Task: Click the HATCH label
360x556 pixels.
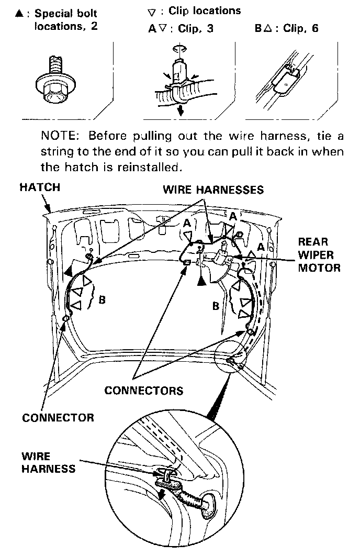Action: [40, 187]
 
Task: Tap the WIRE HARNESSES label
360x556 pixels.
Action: [213, 190]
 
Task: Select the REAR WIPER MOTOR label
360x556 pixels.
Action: [319, 255]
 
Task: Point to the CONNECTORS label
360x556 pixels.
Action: [144, 390]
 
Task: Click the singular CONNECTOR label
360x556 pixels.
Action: [58, 417]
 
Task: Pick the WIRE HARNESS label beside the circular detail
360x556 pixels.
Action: [48, 462]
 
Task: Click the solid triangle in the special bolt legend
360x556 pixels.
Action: [19, 14]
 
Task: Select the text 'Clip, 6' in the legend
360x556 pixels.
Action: [301, 28]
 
